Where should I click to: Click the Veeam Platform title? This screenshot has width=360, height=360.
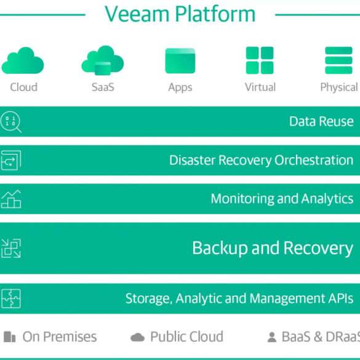point(180,14)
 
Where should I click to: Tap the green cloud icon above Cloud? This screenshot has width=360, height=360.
point(23,60)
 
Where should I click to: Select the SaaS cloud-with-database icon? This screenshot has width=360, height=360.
point(103,60)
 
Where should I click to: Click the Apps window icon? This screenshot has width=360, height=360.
point(180,60)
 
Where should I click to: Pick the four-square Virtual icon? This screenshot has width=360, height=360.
point(260,60)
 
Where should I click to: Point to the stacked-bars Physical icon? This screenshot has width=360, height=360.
point(338,60)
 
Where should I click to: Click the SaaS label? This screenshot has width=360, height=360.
point(103,87)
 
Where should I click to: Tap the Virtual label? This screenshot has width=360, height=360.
point(260,87)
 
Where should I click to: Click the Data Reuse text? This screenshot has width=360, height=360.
point(321,121)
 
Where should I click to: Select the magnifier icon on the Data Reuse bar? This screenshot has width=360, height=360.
point(11,122)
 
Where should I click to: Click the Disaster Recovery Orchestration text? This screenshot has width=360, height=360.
point(262,160)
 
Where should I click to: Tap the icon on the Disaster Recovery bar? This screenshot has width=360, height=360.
point(11,160)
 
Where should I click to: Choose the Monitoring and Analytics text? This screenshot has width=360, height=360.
point(282,199)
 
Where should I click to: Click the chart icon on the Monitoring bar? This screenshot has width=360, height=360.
point(11,199)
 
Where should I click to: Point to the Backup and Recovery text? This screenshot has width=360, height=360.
point(273,248)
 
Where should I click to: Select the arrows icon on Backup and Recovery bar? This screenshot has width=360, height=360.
point(11,248)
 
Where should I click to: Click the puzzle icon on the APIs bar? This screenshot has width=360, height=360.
point(11,298)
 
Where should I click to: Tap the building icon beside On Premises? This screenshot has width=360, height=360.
point(10,337)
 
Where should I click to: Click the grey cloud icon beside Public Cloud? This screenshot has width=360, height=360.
point(137,337)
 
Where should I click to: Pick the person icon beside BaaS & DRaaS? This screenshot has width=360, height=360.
point(272,337)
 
